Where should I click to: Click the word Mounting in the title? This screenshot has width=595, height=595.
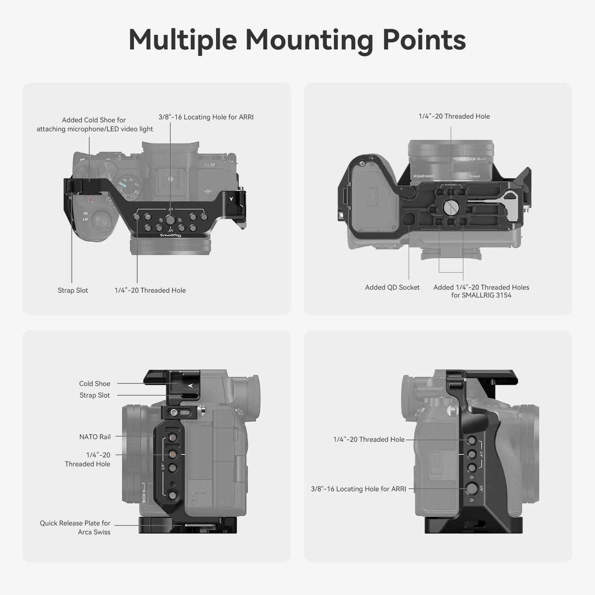(309, 40)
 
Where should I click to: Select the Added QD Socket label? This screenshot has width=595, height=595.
(392, 287)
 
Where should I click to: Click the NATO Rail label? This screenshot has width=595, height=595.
(95, 437)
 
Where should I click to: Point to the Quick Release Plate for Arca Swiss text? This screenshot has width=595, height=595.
(75, 527)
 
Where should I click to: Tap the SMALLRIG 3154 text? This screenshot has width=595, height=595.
(481, 295)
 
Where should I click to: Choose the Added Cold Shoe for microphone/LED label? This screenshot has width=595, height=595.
(94, 124)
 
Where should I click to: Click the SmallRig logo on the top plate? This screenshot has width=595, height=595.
(170, 235)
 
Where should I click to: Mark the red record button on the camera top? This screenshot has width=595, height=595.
(90, 200)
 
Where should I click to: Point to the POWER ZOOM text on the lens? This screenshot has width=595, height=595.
(464, 159)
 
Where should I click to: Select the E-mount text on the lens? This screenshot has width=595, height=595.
(474, 176)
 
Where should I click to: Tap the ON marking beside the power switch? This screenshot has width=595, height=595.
(86, 213)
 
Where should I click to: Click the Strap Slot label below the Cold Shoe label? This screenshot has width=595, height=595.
(95, 395)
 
